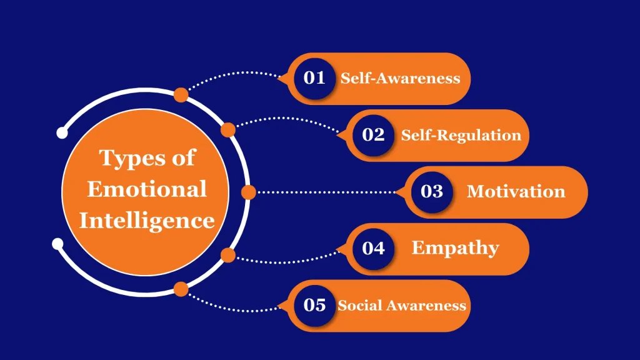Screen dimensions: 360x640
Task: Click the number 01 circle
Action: click(314, 78)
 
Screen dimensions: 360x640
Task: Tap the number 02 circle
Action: click(373, 135)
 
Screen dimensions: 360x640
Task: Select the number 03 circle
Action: click(432, 191)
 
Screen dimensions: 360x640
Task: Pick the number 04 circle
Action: click(373, 248)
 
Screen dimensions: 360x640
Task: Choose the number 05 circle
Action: click(314, 305)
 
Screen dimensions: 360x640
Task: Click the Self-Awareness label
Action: click(400, 79)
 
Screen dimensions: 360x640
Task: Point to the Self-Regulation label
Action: click(461, 135)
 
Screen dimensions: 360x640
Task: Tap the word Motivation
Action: click(516, 191)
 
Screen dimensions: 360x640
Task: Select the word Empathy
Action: click(455, 248)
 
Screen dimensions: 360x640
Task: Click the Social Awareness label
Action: click(402, 305)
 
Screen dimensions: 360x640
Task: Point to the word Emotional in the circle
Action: click(146, 189)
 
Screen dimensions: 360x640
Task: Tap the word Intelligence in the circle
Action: click(146, 220)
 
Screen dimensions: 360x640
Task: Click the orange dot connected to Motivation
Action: click(248, 192)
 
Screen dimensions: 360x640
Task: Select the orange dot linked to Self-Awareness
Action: click(181, 95)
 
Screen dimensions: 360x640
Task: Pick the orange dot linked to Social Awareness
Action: click(181, 289)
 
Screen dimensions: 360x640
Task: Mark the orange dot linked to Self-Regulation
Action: click(228, 130)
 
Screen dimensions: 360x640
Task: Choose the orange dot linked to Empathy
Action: click(228, 255)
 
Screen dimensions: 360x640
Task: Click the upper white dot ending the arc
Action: click(61, 132)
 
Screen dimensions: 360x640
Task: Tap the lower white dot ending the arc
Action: click(57, 242)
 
